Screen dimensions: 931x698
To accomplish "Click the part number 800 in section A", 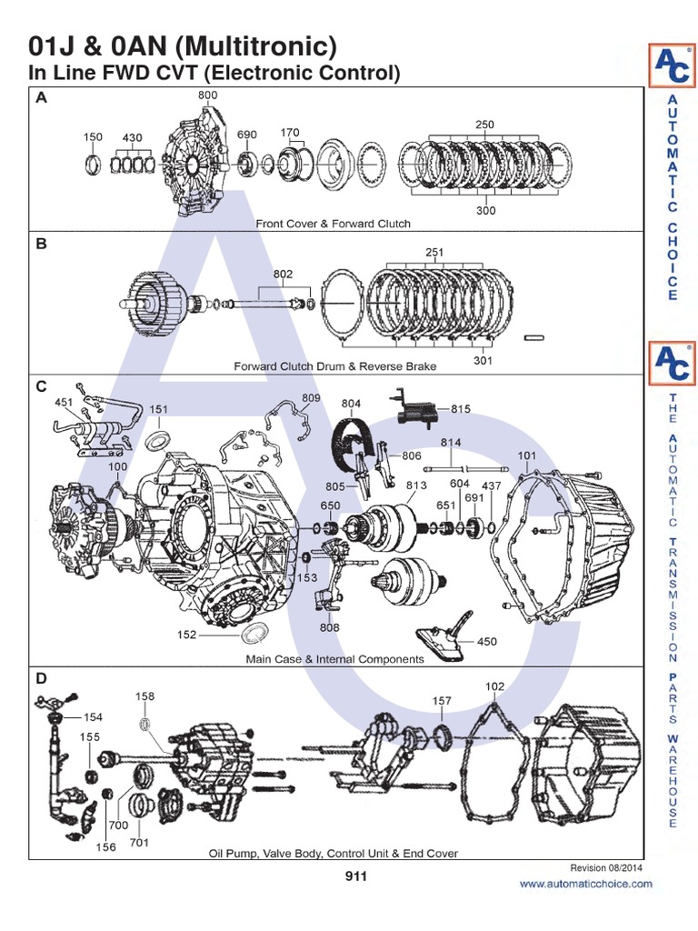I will (207, 95).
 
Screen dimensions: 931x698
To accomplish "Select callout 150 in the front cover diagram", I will (93, 137).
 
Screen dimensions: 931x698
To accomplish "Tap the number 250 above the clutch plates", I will (484, 125).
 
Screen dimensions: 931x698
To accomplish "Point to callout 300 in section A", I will (485, 210).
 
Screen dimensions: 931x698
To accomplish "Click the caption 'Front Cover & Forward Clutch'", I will (333, 223).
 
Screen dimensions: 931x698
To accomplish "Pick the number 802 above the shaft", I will (283, 272).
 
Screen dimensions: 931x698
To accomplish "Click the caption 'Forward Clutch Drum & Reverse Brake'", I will (334, 366).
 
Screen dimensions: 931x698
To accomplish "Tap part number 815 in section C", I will (461, 409).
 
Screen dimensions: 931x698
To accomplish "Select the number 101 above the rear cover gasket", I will (526, 455).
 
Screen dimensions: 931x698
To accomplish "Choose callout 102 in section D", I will (494, 686).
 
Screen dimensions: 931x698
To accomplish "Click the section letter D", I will (41, 678).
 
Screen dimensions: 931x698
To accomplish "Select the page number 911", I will (355, 876).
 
